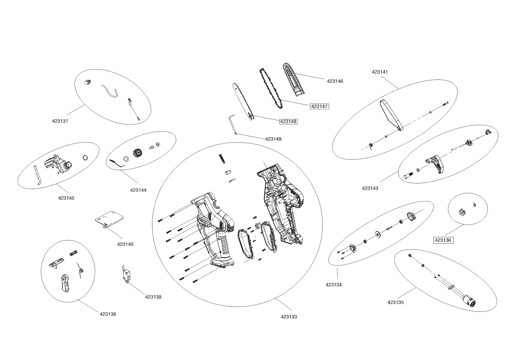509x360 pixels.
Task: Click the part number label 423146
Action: click(335, 81)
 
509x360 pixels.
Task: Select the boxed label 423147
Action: click(319, 106)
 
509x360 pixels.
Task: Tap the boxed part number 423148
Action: click(288, 121)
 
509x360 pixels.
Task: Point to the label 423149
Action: click(273, 139)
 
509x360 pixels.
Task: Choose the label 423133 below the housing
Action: click(289, 317)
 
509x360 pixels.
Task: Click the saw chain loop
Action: click(272, 89)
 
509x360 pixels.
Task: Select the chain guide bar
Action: click(243, 102)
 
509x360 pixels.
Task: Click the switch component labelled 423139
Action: click(127, 275)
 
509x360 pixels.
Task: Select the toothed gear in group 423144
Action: click(137, 153)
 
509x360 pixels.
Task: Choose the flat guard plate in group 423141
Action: click(391, 115)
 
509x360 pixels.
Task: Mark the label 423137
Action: click(60, 121)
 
